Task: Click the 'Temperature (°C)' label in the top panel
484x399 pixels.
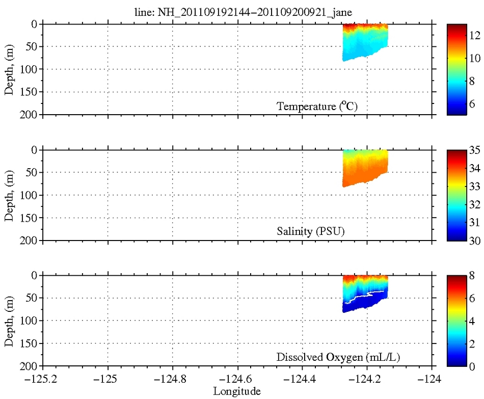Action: [320, 107]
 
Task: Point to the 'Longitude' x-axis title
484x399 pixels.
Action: [237, 391]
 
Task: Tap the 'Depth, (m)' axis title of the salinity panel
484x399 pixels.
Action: [10, 195]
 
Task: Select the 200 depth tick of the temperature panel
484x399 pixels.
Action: [29, 115]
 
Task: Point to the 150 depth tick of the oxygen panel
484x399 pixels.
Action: [29, 343]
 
